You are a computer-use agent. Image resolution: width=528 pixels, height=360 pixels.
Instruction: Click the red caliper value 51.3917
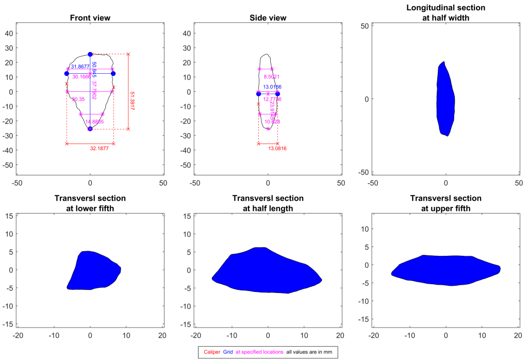click(x=133, y=97)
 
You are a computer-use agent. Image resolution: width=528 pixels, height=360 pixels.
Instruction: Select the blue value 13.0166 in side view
click(x=272, y=87)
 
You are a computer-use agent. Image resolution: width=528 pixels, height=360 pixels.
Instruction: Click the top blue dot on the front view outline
click(x=90, y=54)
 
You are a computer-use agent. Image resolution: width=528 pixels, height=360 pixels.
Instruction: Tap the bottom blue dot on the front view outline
click(x=90, y=129)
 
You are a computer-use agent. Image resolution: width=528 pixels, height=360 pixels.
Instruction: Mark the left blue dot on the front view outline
click(x=67, y=74)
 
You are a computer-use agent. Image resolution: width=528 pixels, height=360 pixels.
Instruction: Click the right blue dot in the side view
click(x=277, y=94)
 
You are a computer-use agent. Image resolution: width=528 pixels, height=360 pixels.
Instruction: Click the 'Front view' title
click(x=90, y=18)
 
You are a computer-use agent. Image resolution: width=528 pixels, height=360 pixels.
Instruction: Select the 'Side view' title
click(x=268, y=18)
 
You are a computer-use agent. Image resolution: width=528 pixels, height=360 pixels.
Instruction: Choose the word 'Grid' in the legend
click(x=228, y=352)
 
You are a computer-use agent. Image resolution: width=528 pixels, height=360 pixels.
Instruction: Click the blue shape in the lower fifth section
click(x=93, y=271)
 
